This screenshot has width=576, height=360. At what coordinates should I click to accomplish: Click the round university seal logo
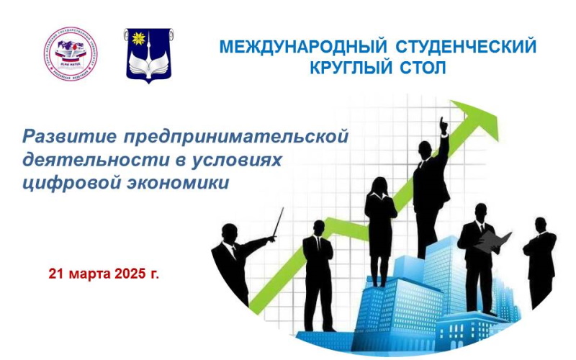tap(71, 53)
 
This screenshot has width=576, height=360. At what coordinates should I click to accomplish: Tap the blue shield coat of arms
tap(148, 55)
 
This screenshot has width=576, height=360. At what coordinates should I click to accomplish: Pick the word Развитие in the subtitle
tap(70, 136)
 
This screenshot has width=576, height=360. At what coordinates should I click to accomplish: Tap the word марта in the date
tap(87, 274)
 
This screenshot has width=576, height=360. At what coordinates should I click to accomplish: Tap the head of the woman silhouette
tap(378, 185)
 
